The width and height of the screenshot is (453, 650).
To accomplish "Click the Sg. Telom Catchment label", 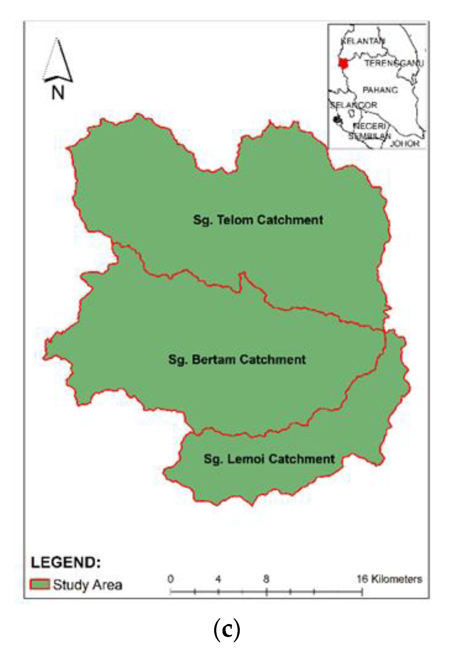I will [258, 220].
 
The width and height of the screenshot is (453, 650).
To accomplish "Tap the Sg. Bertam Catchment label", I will [237, 359].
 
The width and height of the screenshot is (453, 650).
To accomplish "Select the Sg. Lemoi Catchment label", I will [269, 459].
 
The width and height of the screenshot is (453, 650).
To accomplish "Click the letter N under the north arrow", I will [58, 92].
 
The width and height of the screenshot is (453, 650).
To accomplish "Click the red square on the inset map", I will [343, 63].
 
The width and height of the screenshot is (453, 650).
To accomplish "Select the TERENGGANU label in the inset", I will [394, 63].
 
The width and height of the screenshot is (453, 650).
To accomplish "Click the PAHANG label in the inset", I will [380, 90].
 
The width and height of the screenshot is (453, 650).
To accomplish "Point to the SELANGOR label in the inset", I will [354, 105].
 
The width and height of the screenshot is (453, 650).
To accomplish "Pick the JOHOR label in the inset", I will [405, 143].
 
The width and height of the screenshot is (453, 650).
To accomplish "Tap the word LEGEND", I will [66, 562].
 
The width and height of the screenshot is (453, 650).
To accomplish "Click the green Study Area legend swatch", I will [40, 584].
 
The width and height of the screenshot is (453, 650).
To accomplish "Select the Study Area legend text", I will [88, 584].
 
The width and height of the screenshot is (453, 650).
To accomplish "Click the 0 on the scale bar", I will [171, 579].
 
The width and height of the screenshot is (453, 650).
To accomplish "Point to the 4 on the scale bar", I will [218, 579].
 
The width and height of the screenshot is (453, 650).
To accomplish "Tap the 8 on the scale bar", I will [266, 579].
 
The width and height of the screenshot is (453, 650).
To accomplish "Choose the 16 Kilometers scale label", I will [389, 579].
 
